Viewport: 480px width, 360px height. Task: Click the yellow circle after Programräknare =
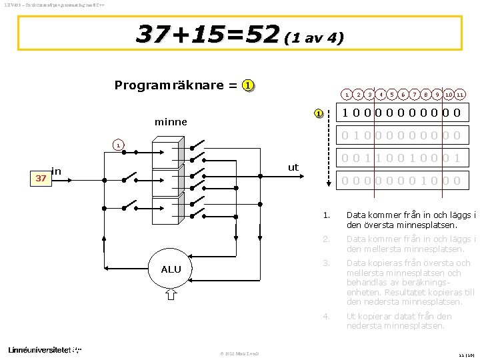coord(247,85)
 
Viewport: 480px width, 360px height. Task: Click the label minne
coord(171,122)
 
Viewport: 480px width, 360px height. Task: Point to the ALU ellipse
coord(171,269)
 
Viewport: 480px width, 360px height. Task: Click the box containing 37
coord(41,178)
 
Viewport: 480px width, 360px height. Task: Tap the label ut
coord(293,167)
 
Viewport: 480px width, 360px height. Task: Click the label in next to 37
coord(57,172)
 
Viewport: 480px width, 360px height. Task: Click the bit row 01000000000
coord(400,135)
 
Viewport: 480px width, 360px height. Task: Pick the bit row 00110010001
coord(400,158)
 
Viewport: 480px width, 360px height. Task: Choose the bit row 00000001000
coord(400,181)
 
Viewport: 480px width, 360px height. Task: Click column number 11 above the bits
coord(460,95)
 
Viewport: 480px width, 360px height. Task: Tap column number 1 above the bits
coord(347,95)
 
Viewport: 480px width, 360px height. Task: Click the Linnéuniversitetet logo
coord(44,349)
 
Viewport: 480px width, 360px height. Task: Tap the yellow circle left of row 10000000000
coord(319,113)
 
